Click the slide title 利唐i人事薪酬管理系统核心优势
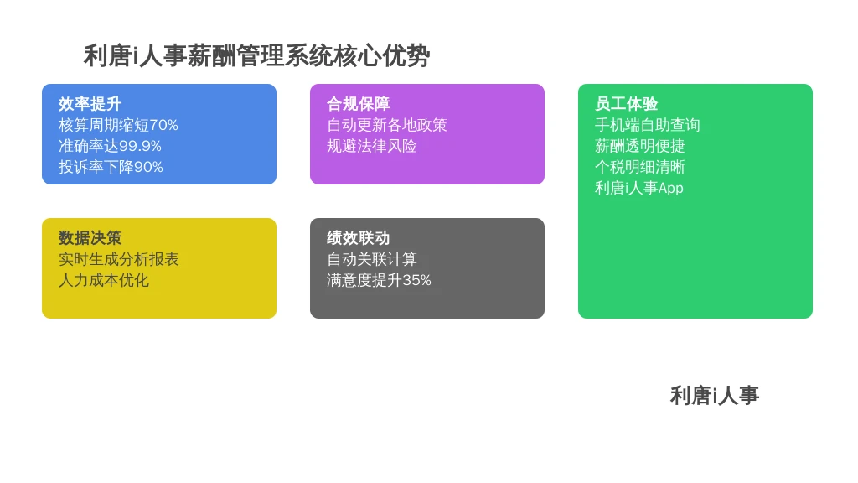(256, 56)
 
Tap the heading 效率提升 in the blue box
(90, 103)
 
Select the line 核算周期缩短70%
(118, 125)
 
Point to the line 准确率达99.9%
(110, 146)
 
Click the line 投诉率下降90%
(111, 167)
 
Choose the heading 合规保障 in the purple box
(358, 103)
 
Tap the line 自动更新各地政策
(387, 125)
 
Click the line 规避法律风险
(371, 146)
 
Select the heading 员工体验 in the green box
(626, 103)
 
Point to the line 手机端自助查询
(648, 125)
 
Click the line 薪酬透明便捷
(639, 146)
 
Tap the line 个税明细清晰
(639, 167)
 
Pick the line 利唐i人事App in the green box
(639, 188)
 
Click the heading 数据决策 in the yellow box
(90, 237)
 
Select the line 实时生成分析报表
(119, 259)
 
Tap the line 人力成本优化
(103, 280)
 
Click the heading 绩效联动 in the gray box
(358, 237)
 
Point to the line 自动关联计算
(371, 259)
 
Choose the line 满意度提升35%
(379, 280)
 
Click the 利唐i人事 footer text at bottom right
(714, 396)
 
